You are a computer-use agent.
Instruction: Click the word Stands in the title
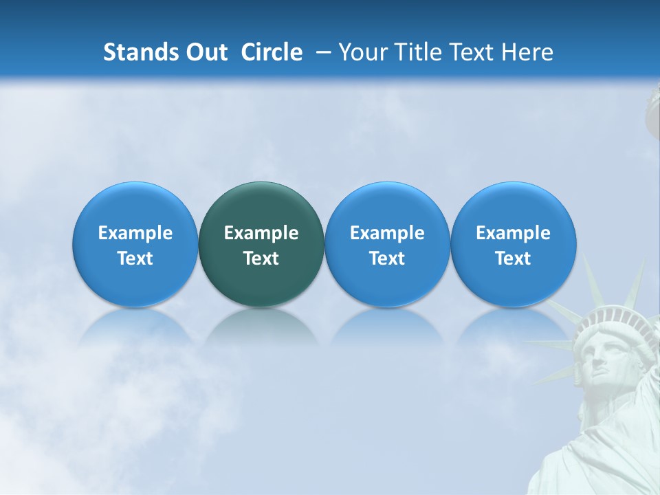coord(140,52)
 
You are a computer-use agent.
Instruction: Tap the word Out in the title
coord(206,52)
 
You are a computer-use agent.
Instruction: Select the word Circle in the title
coord(272,52)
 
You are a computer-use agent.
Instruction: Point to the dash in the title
coord(321,52)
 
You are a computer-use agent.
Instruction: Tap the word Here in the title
coord(527,52)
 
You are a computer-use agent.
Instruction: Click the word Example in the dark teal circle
coord(261,233)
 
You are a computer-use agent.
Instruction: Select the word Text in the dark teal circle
coord(261,258)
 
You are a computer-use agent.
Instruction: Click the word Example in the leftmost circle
coord(135,233)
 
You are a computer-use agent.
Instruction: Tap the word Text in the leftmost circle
coord(135,258)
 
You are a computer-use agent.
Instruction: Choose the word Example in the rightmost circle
coord(513,233)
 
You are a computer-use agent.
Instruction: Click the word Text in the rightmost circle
coord(513,258)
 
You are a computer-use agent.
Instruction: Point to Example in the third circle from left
coord(387,233)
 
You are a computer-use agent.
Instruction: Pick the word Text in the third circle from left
coord(387,258)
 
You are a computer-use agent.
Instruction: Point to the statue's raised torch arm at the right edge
coord(652,117)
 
